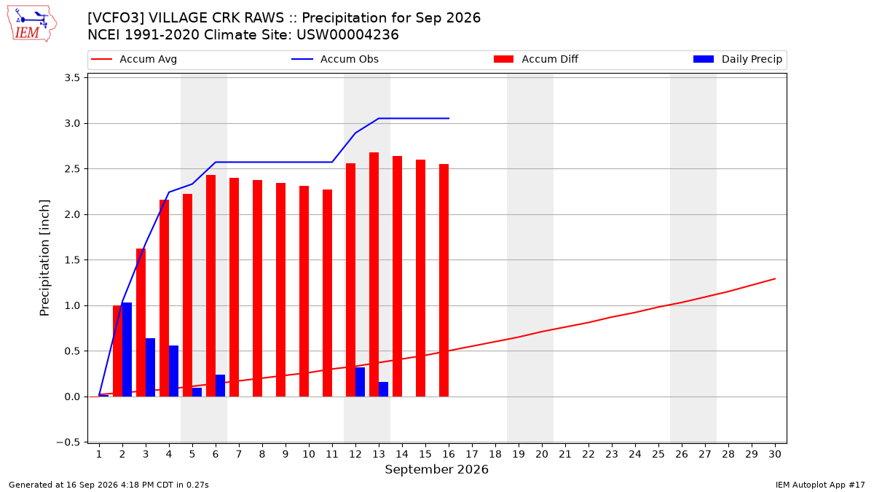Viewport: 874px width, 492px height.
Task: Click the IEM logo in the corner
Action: pyautogui.click(x=31, y=24)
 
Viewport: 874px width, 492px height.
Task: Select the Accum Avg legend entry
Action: pyautogui.click(x=134, y=59)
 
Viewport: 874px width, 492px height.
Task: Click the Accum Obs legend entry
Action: pyautogui.click(x=335, y=59)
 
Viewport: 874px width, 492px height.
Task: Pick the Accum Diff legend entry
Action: pyautogui.click(x=536, y=59)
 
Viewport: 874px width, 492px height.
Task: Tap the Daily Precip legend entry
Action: pyautogui.click(x=737, y=59)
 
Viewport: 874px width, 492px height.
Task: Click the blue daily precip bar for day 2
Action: pyautogui.click(x=127, y=349)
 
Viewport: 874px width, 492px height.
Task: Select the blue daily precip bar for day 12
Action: pyautogui.click(x=360, y=382)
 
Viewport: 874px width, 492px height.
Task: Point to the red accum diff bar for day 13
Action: pyautogui.click(x=374, y=275)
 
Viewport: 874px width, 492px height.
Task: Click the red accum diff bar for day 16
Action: pyautogui.click(x=444, y=281)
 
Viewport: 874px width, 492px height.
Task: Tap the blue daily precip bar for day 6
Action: pyautogui.click(x=220, y=386)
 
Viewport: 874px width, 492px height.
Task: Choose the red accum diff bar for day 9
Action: pyautogui.click(x=280, y=290)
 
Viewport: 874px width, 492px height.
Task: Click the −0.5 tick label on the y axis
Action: pyautogui.click(x=68, y=442)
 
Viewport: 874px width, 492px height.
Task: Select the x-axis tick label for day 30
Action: pyautogui.click(x=775, y=454)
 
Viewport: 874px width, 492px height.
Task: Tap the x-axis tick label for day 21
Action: pyautogui.click(x=565, y=454)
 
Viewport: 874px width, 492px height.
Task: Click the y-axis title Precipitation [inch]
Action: pyautogui.click(x=44, y=258)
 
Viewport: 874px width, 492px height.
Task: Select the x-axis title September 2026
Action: pyautogui.click(x=436, y=469)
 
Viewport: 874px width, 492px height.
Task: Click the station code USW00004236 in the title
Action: pyautogui.click(x=347, y=35)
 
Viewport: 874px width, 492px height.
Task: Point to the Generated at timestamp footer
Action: pyautogui.click(x=109, y=485)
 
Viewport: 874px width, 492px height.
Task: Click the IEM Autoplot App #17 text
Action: pyautogui.click(x=820, y=485)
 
